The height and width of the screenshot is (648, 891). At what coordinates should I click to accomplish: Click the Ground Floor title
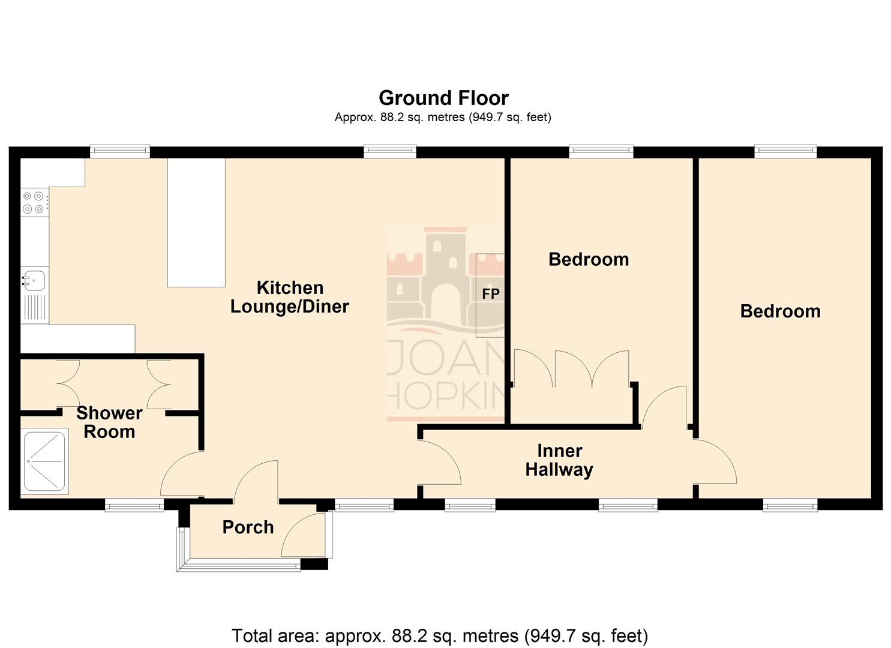pos(443,98)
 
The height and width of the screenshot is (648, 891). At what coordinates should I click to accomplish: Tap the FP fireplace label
pos(491,294)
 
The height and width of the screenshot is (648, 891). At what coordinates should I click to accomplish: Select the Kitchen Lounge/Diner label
pos(290,297)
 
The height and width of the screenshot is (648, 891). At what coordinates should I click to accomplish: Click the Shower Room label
pos(109,422)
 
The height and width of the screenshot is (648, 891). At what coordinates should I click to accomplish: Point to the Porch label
pos(248,527)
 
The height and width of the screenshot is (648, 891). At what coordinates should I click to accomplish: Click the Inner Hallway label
pos(559,460)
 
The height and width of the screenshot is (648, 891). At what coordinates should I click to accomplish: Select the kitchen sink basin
pos(35,280)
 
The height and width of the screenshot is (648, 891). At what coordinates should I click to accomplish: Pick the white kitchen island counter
pos(196,223)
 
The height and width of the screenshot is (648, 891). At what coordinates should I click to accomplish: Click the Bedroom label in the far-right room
pos(780,311)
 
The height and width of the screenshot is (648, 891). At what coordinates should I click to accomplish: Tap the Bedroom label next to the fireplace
pos(589,259)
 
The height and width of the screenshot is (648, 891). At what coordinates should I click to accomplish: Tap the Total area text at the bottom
pos(440,635)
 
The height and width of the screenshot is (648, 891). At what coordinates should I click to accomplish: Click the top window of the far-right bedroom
pos(785,151)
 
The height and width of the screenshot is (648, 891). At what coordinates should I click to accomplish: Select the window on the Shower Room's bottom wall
pos(134,505)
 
